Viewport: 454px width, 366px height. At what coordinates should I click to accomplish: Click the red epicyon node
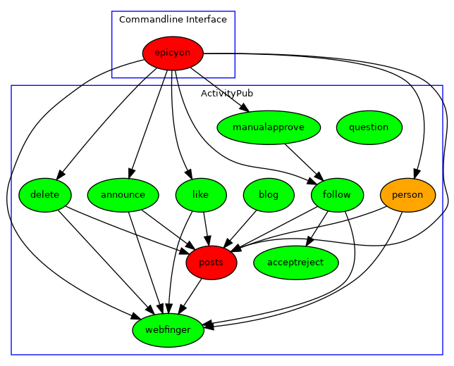tap(173, 53)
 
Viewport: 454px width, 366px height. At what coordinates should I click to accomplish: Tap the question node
tap(369, 127)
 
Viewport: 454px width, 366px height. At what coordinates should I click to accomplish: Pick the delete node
tap(45, 195)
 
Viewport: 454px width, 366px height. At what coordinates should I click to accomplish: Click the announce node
tap(123, 195)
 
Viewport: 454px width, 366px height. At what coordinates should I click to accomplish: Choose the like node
tap(200, 195)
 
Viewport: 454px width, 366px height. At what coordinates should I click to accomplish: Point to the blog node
tap(269, 195)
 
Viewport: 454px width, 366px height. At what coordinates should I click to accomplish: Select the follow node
tap(336, 195)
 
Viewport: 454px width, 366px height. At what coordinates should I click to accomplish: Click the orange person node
tap(407, 195)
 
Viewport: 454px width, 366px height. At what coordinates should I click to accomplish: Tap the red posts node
tap(211, 263)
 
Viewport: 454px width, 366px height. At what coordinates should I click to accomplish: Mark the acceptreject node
tap(295, 263)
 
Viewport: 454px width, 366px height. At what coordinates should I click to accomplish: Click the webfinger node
tap(168, 330)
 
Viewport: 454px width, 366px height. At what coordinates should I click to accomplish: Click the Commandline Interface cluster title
tap(173, 20)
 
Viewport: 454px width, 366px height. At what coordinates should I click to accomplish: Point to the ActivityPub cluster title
tap(227, 93)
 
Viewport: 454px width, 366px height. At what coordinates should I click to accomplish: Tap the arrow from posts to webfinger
tap(191, 295)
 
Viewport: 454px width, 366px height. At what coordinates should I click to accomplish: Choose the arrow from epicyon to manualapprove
tap(219, 89)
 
